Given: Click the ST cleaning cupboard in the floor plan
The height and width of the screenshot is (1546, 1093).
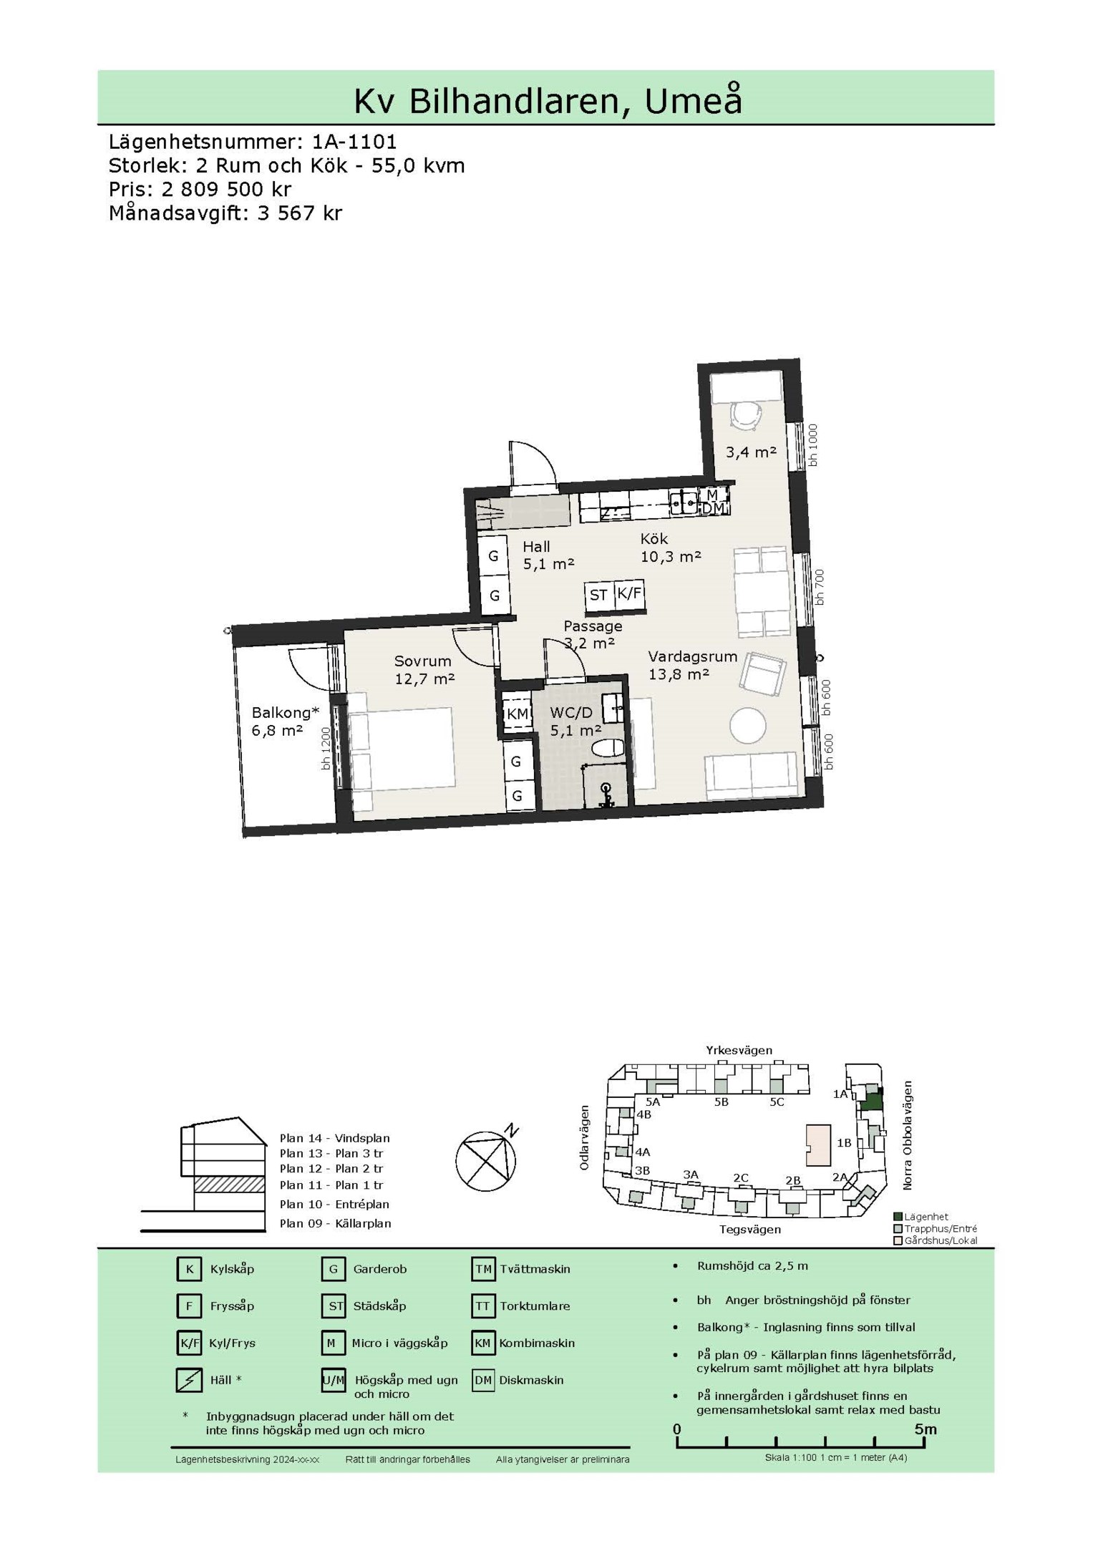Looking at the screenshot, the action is (599, 595).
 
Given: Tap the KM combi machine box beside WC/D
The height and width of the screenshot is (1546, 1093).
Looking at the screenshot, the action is (517, 714).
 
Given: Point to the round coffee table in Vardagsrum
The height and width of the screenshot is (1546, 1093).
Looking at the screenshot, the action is (748, 726).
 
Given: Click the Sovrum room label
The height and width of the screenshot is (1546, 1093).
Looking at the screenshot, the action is (423, 661).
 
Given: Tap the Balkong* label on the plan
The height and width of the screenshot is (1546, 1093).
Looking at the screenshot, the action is (285, 713).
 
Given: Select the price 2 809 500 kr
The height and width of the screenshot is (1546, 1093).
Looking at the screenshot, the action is (227, 190).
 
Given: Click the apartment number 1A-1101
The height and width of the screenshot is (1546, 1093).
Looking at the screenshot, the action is (354, 141).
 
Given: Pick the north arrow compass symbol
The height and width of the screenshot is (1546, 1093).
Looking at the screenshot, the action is (486, 1160).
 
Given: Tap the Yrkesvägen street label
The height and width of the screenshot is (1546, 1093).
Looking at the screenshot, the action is (739, 1050).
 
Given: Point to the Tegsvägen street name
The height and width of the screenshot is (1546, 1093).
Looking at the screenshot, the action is (750, 1229).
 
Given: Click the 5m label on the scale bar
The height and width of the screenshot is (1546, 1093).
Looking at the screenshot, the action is (925, 1429).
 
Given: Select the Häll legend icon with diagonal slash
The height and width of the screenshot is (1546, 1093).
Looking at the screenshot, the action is (189, 1379).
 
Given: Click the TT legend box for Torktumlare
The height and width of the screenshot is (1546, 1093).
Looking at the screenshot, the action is (483, 1306).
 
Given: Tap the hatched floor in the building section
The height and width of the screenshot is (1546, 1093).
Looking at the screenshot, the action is (228, 1184).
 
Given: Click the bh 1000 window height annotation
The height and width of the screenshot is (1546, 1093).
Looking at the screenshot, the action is (812, 445).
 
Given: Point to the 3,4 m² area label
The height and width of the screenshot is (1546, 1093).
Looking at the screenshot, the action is (751, 452).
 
